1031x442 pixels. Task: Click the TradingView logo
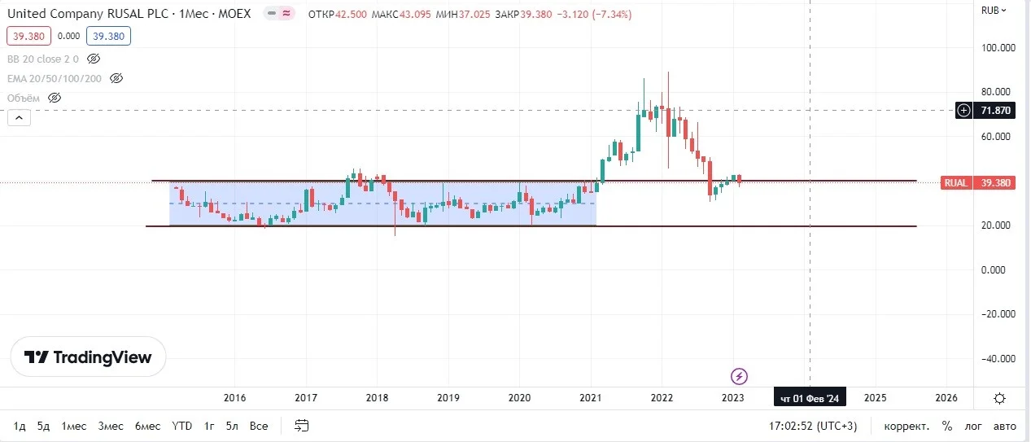pyautogui.click(x=88, y=357)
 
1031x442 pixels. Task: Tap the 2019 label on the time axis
pyautogui.click(x=448, y=398)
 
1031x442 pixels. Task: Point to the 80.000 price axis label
pyautogui.click(x=995, y=92)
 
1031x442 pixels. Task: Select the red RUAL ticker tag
pyautogui.click(x=956, y=183)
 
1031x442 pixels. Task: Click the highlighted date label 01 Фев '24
pyautogui.click(x=810, y=398)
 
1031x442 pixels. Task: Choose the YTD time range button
pyautogui.click(x=181, y=426)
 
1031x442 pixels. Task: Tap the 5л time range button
pyautogui.click(x=232, y=426)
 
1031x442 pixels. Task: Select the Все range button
pyautogui.click(x=259, y=426)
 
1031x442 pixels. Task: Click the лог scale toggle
pyautogui.click(x=973, y=427)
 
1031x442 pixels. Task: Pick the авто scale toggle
pyautogui.click(x=1004, y=427)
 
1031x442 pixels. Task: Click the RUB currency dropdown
pyautogui.click(x=994, y=10)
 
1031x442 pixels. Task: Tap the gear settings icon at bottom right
pyautogui.click(x=999, y=398)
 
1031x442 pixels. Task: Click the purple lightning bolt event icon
pyautogui.click(x=739, y=377)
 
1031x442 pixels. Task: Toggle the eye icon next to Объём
pyautogui.click(x=55, y=98)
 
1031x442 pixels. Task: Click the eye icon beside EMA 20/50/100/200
pyautogui.click(x=116, y=78)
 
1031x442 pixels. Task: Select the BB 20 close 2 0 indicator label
pyautogui.click(x=43, y=59)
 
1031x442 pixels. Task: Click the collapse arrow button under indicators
pyautogui.click(x=19, y=118)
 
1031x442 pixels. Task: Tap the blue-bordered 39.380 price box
pyautogui.click(x=108, y=36)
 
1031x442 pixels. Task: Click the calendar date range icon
pyautogui.click(x=301, y=426)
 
